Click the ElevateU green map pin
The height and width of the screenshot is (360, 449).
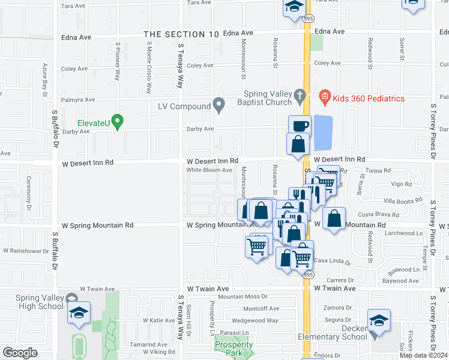pyautogui.click(x=118, y=122)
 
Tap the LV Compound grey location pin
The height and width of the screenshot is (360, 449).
pyautogui.click(x=219, y=106)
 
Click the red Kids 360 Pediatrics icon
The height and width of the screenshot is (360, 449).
pyautogui.click(x=325, y=95)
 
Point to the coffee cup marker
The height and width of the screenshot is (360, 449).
pyautogui.click(x=300, y=126)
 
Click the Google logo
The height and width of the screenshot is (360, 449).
pyautogui.click(x=20, y=353)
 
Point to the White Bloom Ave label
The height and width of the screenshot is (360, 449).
pyautogui.click(x=209, y=170)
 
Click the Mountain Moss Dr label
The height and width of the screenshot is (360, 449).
pyautogui.click(x=243, y=296)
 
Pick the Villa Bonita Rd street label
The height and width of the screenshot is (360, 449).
pyautogui.click(x=399, y=202)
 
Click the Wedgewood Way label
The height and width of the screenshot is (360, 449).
pyautogui.click(x=255, y=320)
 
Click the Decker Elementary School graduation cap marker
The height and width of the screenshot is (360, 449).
pyautogui.click(x=379, y=320)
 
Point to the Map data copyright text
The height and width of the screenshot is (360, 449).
pyautogui.click(x=424, y=355)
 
